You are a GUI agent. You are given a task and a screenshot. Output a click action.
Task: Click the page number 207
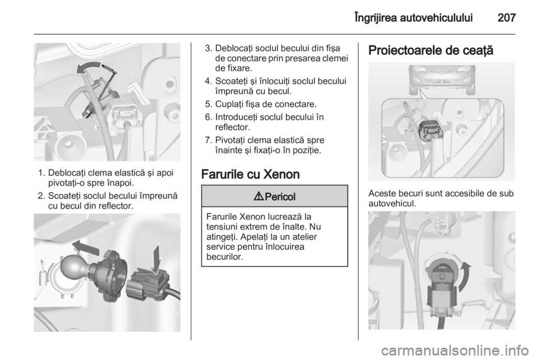click(x=507, y=17)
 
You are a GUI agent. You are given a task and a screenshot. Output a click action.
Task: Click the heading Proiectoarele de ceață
click(x=430, y=51)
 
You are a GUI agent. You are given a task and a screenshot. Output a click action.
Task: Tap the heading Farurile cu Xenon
click(x=251, y=174)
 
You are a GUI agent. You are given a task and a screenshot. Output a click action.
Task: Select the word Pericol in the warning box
click(x=280, y=197)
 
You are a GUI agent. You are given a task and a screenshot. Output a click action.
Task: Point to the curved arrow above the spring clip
click(x=89, y=67)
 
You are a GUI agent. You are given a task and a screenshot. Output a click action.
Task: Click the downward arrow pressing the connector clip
click(x=157, y=259)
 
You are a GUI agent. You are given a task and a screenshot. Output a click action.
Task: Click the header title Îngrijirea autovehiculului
click(x=414, y=18)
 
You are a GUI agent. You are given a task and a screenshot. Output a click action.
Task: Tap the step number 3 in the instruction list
click(x=207, y=48)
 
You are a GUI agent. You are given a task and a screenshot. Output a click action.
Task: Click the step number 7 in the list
click(x=207, y=140)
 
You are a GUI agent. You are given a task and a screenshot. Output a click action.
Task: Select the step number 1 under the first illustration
click(x=40, y=173)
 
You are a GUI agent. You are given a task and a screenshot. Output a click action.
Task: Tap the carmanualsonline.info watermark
click(x=454, y=350)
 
